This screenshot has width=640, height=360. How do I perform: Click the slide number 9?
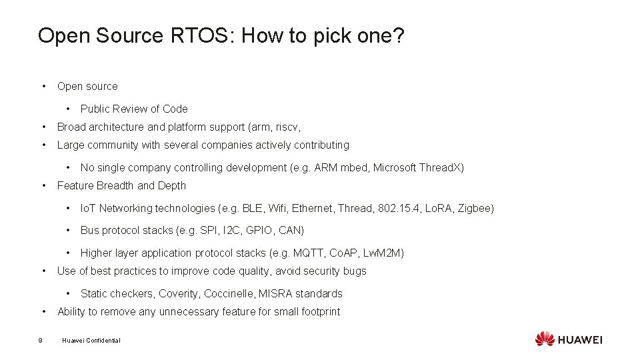tap(41, 341)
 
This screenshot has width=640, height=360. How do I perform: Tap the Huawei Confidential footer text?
tap(91, 341)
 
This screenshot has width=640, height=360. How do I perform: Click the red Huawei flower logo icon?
tap(545, 339)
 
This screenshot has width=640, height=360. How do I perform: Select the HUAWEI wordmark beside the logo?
tap(580, 340)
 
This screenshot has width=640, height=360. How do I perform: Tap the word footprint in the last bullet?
tap(317, 312)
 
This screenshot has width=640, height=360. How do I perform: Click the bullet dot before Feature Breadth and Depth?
tap(43, 186)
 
